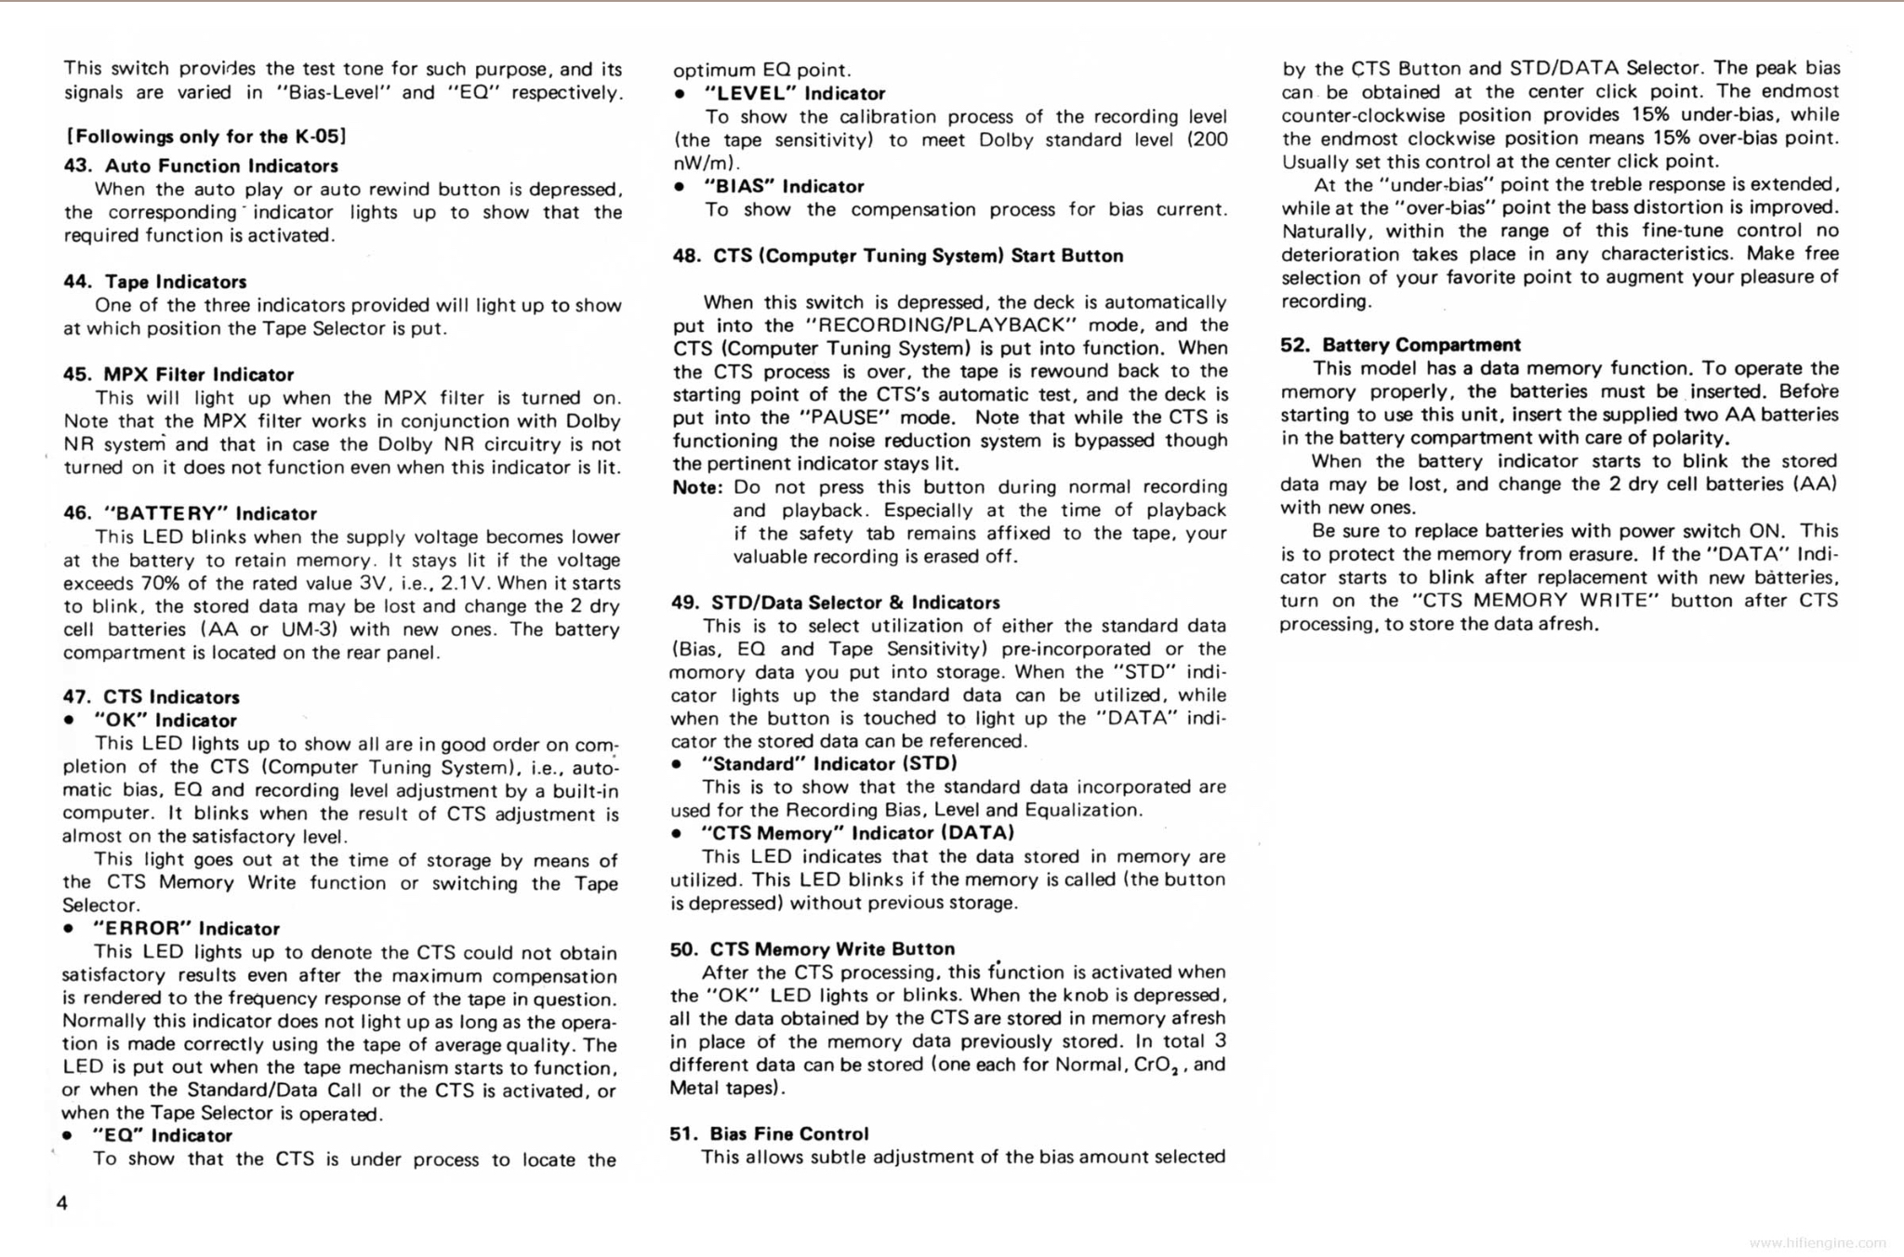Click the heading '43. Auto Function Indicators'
tap(201, 166)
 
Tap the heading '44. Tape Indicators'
tap(154, 282)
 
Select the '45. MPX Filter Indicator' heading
tap(178, 375)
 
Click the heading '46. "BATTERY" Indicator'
tap(190, 513)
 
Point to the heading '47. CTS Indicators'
tap(151, 697)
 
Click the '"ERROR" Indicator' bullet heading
tap(186, 929)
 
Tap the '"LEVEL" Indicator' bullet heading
tap(795, 94)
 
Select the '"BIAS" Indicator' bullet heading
tap(784, 187)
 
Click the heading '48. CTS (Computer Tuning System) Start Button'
tap(897, 256)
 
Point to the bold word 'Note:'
tap(697, 487)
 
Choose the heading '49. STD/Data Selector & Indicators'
tap(835, 602)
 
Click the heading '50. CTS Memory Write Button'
tap(812, 949)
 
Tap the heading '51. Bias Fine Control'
tap(769, 1134)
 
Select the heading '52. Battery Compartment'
tap(1400, 345)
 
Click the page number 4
tap(62, 1203)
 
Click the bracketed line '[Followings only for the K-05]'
tap(205, 137)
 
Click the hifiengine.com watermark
tap(1818, 1242)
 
